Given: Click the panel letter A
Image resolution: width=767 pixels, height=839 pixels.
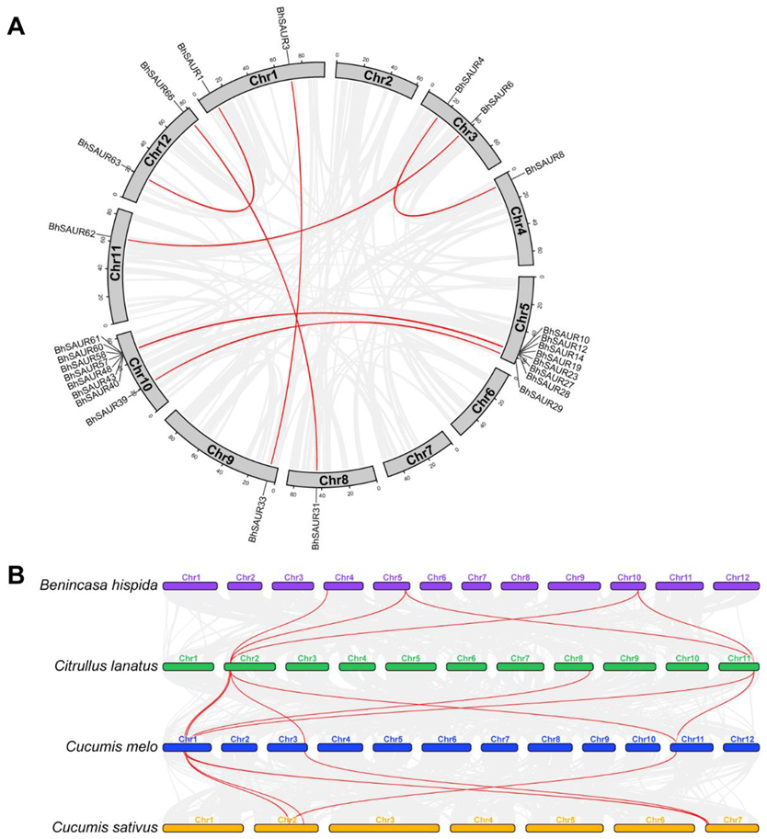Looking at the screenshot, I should (x=16, y=26).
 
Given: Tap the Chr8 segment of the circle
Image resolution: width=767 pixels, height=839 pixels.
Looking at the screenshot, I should (x=332, y=479).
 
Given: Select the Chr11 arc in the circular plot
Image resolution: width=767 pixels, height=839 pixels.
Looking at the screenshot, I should (x=118, y=266).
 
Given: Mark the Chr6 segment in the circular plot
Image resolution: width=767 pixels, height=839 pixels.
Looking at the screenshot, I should (x=480, y=400).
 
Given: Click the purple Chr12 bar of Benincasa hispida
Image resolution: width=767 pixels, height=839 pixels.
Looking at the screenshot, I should (x=736, y=585).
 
